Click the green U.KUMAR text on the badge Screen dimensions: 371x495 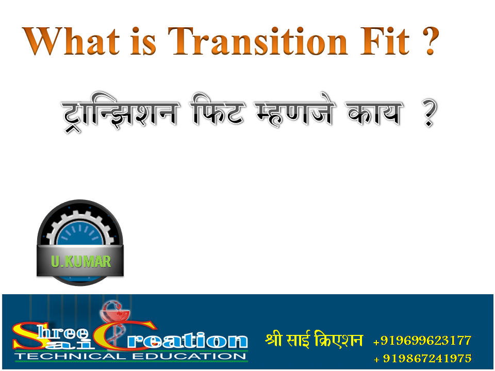pos(80,262)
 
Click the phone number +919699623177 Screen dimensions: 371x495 pos(422,341)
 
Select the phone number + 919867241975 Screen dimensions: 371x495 pos(422,358)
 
